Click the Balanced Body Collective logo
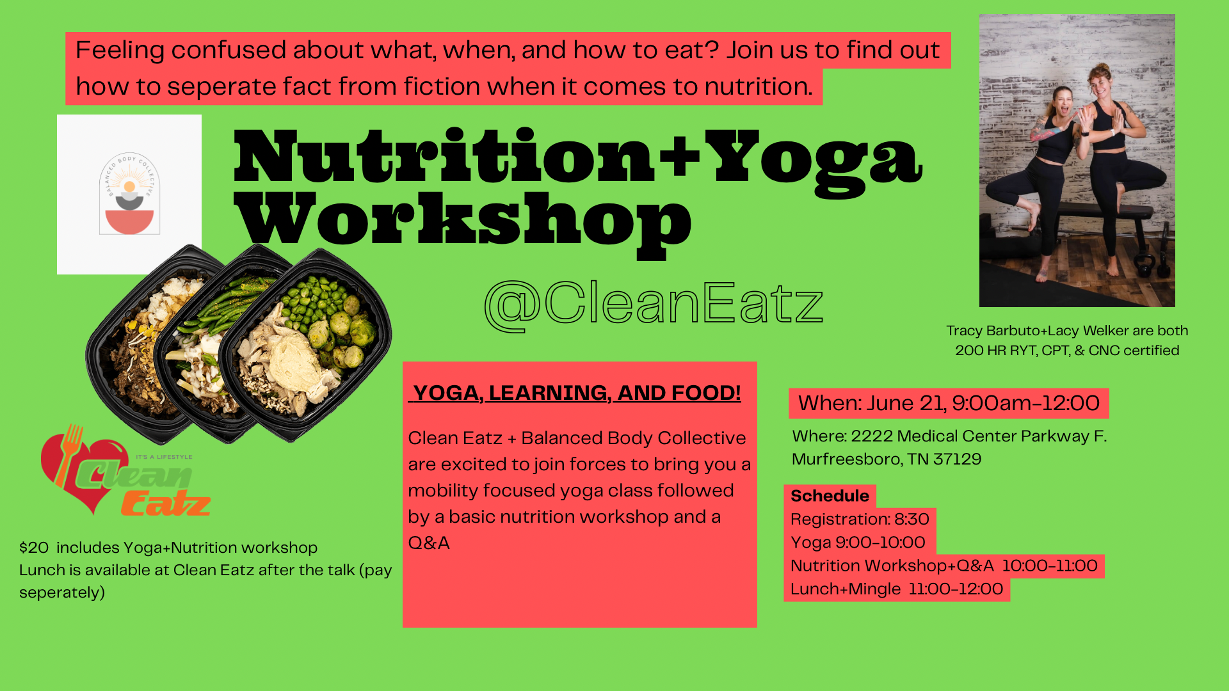pyautogui.click(x=129, y=195)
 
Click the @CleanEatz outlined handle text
pyautogui.click(x=654, y=305)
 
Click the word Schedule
pyautogui.click(x=830, y=496)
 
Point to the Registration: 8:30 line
pyautogui.click(x=860, y=519)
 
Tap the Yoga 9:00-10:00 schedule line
pyautogui.click(x=858, y=543)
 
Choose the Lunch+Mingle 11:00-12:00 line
pyautogui.click(x=897, y=589)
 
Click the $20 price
pyautogui.click(x=34, y=548)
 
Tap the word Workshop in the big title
pyautogui.click(x=462, y=221)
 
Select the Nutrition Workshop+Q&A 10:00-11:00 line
pyautogui.click(x=944, y=566)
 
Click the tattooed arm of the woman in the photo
pyautogui.click(x=1047, y=132)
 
